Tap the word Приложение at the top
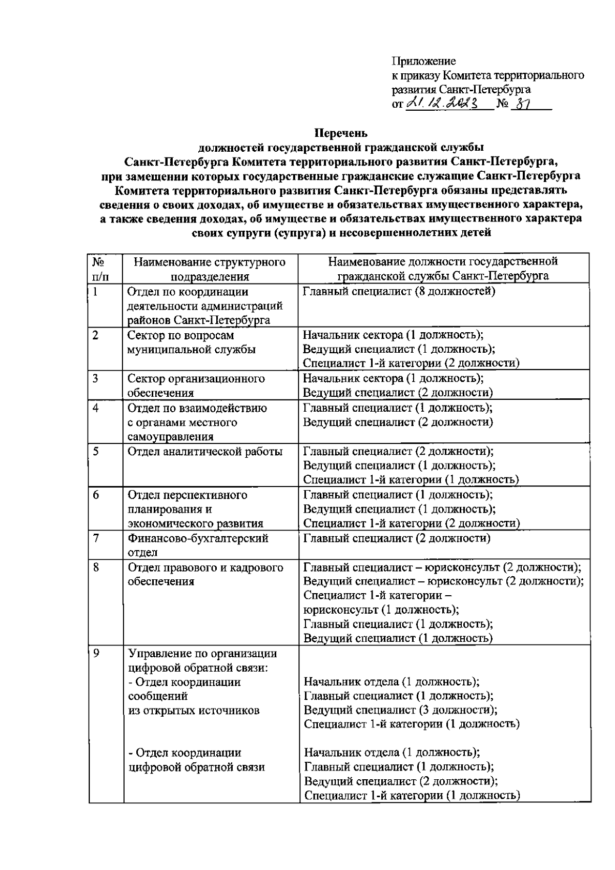[423, 62]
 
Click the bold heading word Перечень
[341, 133]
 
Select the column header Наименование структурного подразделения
[210, 270]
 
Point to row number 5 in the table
[96, 451]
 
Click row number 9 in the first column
[96, 654]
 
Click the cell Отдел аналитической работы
[205, 452]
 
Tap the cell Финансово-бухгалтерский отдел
[198, 545]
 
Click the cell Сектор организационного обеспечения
[196, 386]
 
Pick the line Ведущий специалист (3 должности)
[400, 710]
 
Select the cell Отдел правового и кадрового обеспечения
[205, 575]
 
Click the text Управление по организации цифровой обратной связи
[202, 661]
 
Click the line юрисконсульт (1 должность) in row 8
[381, 610]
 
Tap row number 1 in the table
[95, 292]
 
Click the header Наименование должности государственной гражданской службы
[443, 269]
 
